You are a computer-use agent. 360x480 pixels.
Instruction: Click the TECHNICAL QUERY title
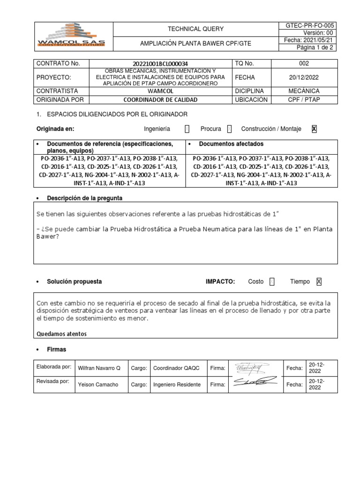(x=195, y=29)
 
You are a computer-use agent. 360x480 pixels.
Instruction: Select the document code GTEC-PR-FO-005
(x=307, y=25)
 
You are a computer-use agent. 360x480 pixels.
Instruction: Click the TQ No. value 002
(x=304, y=63)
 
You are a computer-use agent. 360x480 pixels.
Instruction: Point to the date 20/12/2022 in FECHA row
(x=304, y=77)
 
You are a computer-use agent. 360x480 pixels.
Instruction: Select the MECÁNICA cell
(x=304, y=90)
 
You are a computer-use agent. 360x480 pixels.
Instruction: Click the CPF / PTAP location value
(x=304, y=99)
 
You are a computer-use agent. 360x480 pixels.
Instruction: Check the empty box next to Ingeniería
(x=187, y=129)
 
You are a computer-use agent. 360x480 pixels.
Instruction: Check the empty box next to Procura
(x=229, y=129)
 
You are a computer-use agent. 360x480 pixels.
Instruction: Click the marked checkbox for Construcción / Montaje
(x=314, y=129)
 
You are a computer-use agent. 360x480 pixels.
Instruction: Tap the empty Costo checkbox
(x=272, y=282)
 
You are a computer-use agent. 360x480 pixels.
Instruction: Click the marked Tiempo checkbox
(x=319, y=282)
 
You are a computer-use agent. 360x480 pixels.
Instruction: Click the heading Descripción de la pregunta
(x=84, y=198)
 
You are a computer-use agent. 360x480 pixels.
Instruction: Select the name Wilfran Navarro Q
(x=99, y=368)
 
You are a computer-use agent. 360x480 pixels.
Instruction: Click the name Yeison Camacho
(x=97, y=384)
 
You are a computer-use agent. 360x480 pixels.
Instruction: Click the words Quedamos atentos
(x=61, y=334)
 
